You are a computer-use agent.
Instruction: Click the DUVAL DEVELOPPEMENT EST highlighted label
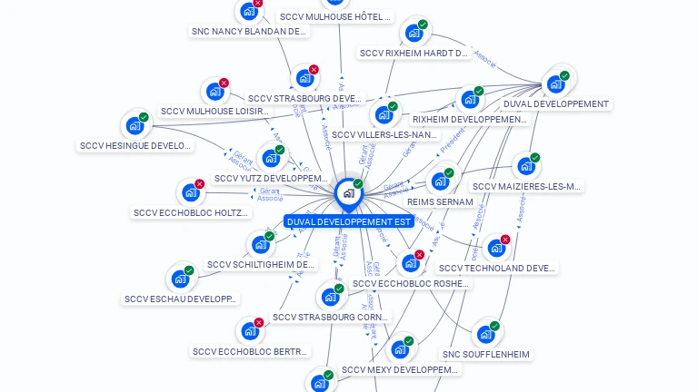pos(349,221)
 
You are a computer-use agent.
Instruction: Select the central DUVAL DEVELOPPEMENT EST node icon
pos(348,192)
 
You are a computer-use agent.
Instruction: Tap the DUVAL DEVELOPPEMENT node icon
pos(555,84)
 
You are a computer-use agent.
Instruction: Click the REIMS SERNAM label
pos(440,201)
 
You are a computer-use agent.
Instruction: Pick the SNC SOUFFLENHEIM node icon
pos(485,334)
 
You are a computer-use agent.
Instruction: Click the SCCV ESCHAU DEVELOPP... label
pos(180,299)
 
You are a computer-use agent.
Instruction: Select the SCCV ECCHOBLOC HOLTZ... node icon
pos(190,192)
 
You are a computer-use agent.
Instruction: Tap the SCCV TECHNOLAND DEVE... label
pos(496,268)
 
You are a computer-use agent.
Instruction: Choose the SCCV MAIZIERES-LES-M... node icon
pos(525,167)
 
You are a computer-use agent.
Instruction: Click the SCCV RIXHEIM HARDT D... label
pos(414,54)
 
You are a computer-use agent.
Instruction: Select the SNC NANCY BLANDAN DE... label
pos(249,31)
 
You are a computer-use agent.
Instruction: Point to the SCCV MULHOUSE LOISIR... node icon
pos(214,92)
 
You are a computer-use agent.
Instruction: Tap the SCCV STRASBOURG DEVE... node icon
pos(304,78)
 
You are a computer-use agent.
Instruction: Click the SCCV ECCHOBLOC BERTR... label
pos(250,351)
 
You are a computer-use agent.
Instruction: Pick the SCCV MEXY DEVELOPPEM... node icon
pos(399,349)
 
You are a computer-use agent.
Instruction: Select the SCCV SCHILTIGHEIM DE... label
pos(261,265)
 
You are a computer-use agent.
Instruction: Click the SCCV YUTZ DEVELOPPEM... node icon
pos(270,159)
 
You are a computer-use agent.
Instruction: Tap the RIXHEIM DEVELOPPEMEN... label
pos(469,119)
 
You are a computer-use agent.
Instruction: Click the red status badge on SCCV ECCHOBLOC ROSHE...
pos(419,255)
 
